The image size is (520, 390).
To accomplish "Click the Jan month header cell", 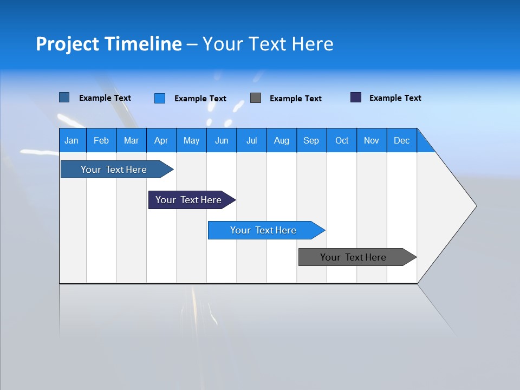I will (72, 140).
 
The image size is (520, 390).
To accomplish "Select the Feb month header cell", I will (101, 140).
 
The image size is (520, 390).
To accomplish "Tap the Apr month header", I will (161, 140).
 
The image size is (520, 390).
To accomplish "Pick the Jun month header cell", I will (222, 140).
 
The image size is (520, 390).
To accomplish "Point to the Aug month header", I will (282, 140).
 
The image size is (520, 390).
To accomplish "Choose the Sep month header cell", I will (311, 140).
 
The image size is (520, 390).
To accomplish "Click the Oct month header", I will (342, 140).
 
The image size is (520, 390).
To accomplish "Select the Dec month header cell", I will (402, 140).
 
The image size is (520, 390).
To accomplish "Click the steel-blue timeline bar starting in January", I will (114, 170).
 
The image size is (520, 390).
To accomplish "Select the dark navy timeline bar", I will (188, 200).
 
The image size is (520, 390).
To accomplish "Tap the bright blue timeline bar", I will (263, 230).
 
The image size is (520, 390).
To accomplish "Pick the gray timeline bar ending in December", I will (353, 257).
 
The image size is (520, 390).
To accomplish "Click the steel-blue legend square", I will (64, 97).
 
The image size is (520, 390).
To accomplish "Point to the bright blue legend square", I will (160, 98).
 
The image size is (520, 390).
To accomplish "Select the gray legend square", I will (256, 98).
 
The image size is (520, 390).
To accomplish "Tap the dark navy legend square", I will (356, 97).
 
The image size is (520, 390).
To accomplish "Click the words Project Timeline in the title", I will (109, 44).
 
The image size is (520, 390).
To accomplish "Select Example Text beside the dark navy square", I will (395, 98).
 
